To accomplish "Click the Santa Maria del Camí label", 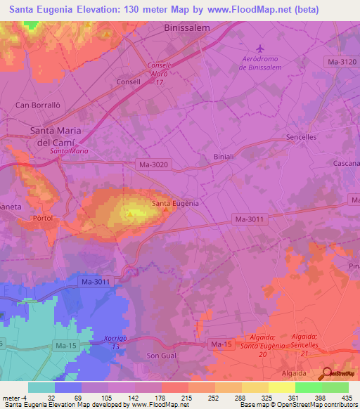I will click(x=55, y=136).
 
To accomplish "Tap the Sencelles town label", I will click(x=303, y=138).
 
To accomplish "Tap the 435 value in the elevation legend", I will click(x=347, y=397).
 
